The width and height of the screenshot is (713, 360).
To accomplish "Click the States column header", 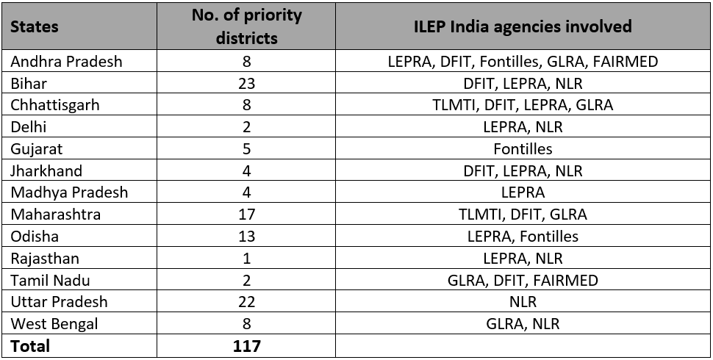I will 35,26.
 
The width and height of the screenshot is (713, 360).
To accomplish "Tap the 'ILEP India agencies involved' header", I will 522,26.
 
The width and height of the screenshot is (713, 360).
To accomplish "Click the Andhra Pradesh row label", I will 67,62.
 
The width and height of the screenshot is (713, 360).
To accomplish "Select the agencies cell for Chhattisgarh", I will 522,105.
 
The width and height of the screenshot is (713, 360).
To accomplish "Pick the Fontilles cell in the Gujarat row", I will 522,148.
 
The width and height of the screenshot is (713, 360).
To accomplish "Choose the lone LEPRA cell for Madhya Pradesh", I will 522,192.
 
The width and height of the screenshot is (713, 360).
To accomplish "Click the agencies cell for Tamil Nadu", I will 522,280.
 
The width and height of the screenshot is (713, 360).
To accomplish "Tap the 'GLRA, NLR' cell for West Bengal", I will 522,323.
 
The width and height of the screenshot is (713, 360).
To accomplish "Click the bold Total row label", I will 30,345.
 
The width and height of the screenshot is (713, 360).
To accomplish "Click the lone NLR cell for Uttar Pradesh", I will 522,302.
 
